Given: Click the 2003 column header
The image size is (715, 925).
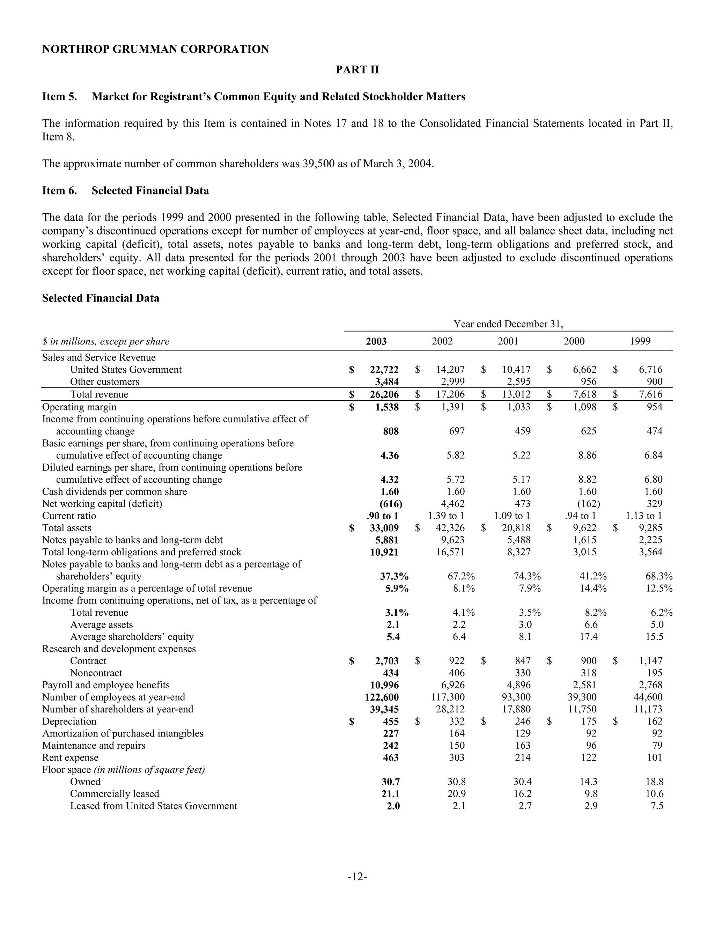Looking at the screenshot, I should point(376,341).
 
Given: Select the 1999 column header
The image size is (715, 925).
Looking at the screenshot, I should point(640,341).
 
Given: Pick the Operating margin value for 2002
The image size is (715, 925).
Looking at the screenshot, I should point(450,407).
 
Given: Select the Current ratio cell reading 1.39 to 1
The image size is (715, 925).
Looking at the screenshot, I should point(446,516).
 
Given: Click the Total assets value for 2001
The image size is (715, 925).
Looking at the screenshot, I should point(516,528).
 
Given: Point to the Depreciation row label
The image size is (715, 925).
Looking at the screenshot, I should point(69,721).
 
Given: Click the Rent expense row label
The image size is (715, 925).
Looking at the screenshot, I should point(70,758).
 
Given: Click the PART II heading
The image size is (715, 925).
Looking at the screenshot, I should point(357,70).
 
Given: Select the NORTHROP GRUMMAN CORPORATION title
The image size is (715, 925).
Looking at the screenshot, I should point(155,50).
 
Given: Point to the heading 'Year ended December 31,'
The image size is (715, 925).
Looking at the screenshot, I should point(508,324).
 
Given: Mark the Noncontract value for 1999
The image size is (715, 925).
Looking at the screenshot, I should point(655,673).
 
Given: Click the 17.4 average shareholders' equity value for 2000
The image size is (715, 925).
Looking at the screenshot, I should point(588,637).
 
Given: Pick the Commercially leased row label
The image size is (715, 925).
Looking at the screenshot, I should point(115,794).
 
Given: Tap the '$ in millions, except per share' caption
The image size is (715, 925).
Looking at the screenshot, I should point(105,341).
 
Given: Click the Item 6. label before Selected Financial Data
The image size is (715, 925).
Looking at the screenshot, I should point(59,191).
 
